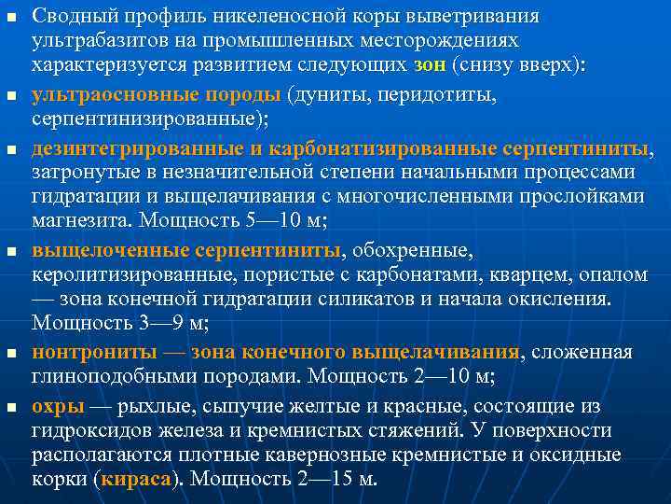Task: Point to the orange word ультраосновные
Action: pos(100,96)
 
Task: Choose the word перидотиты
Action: pos(433,96)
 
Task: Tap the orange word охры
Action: pos(58,406)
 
